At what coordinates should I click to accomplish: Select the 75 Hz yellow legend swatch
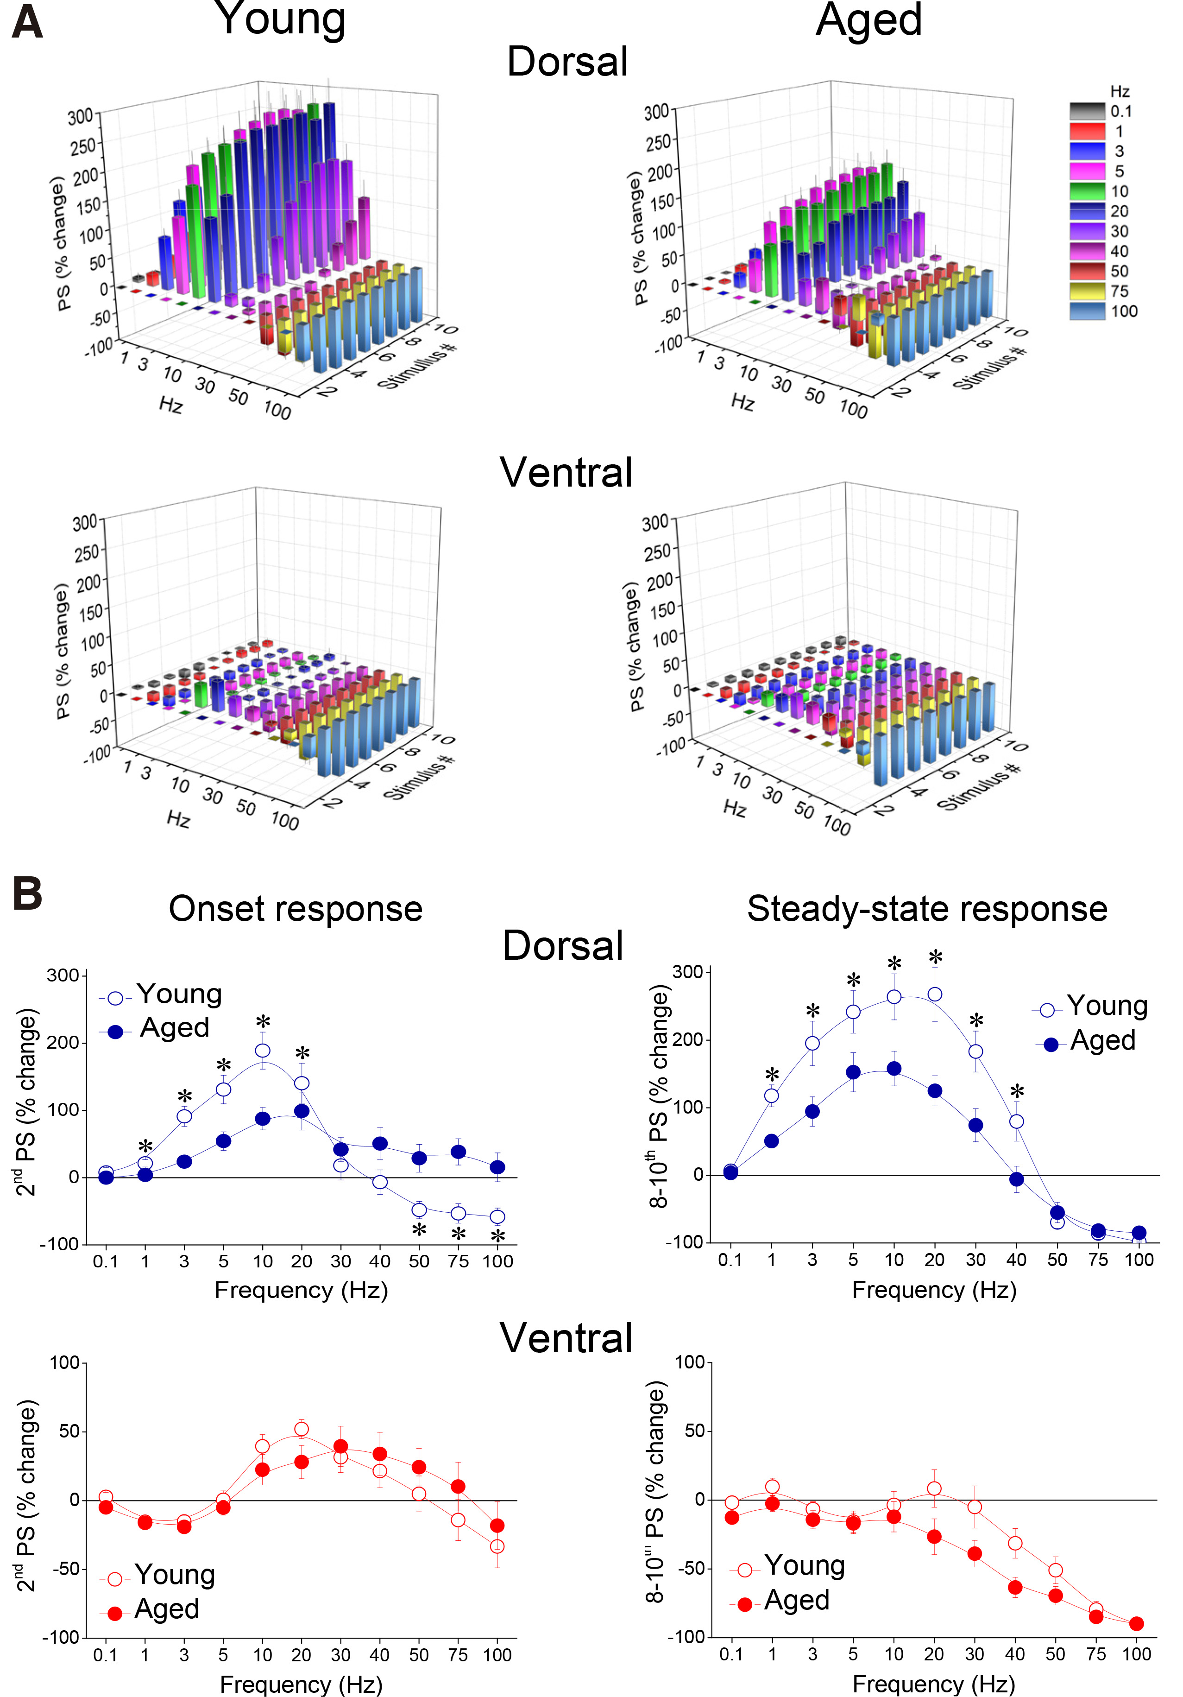coord(1087,291)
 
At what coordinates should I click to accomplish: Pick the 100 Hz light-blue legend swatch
coord(1087,311)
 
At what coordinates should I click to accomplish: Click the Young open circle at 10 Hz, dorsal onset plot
coord(262,1050)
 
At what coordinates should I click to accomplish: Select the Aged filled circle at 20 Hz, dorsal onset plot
coord(302,1111)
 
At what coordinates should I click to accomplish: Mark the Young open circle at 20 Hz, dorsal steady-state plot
coord(935,994)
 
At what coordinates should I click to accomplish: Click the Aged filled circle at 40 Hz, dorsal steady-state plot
coord(1017,1179)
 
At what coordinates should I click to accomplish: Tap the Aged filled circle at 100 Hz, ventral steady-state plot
coord(1136,1624)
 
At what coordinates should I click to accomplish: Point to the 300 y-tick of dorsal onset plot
coord(63,975)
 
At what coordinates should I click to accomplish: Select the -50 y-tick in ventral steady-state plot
coord(689,1568)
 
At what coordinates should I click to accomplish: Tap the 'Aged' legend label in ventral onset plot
coord(167,1609)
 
